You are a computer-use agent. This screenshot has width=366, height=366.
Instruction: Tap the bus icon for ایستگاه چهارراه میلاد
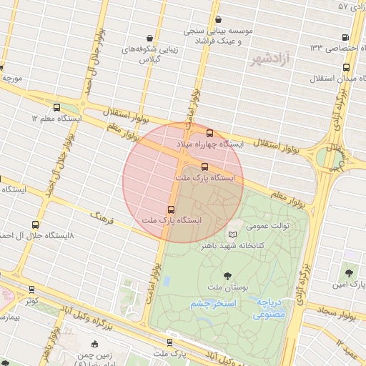click(x=209, y=132)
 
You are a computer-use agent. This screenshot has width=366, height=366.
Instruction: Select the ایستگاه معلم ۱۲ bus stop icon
click(x=57, y=107)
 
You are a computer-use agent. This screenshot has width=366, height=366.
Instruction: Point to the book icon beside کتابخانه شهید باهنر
click(x=232, y=234)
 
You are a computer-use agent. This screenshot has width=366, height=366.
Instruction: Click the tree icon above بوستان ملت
click(x=227, y=274)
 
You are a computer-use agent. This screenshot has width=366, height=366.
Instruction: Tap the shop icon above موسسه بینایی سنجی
click(x=218, y=19)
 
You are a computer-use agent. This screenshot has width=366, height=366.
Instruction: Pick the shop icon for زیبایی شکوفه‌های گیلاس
click(x=149, y=38)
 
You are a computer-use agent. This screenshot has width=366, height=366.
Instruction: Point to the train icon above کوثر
click(x=31, y=290)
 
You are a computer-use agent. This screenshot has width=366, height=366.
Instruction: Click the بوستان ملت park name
click(x=227, y=287)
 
